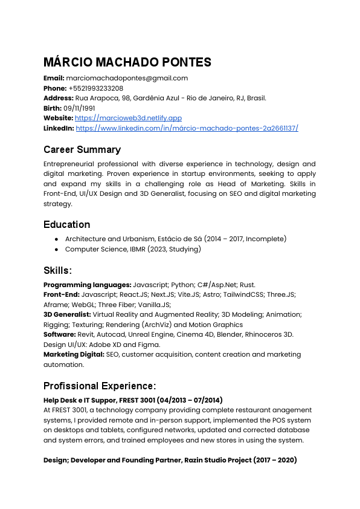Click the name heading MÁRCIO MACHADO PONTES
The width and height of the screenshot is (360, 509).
pyautogui.click(x=127, y=62)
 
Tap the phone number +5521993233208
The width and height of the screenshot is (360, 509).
pyautogui.click(x=95, y=88)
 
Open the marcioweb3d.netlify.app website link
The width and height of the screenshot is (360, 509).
pyautogui.click(x=128, y=118)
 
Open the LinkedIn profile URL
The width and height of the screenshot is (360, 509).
pyautogui.click(x=187, y=128)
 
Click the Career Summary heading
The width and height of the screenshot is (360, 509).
pyautogui.click(x=82, y=149)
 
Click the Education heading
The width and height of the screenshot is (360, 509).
pyautogui.click(x=66, y=224)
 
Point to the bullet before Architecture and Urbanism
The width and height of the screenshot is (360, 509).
pyautogui.click(x=56, y=239)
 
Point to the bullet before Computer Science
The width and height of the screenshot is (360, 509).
pyautogui.click(x=56, y=249)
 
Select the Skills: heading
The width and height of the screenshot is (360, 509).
pyautogui.click(x=58, y=270)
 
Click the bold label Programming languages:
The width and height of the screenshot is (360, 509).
pyautogui.click(x=87, y=284)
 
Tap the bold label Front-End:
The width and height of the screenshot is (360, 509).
pyautogui.click(x=61, y=294)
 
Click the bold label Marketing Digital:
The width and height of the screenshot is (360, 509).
pyautogui.click(x=74, y=355)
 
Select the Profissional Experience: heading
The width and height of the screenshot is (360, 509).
pyautogui.click(x=100, y=386)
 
